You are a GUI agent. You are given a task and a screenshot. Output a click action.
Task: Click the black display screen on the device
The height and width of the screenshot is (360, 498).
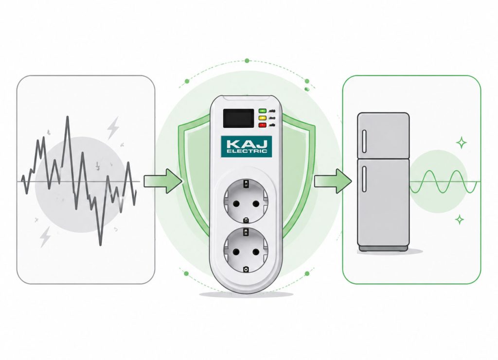coord(238,118)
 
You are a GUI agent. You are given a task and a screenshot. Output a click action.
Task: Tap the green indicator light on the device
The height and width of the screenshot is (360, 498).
coord(262,111)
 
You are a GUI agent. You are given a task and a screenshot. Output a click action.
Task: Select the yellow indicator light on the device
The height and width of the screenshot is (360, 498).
coord(262,118)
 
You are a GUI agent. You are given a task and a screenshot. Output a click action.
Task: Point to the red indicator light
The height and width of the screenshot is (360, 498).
coord(262,125)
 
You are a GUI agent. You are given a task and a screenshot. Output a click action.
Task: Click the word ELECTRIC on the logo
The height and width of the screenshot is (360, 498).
coord(247,151)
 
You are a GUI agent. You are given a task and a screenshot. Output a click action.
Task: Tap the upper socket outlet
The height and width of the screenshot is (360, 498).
coord(246,201)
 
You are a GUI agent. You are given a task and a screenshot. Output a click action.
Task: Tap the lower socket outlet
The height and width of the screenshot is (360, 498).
coord(246,250)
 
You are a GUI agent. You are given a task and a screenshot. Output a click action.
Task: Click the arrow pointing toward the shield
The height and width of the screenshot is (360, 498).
coord(163,181)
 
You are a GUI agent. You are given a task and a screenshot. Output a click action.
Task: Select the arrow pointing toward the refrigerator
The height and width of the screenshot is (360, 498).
coord(333,181)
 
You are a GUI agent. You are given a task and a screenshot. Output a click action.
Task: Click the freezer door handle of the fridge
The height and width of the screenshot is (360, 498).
coord(364,141)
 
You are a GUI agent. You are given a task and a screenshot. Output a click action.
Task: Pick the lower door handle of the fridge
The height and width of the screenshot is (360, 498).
coord(364,179)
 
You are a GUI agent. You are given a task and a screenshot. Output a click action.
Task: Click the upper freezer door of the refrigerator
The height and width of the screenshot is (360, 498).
coord(383,136)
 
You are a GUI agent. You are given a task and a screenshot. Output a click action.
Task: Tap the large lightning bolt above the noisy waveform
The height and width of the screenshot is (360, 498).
coord(113,128)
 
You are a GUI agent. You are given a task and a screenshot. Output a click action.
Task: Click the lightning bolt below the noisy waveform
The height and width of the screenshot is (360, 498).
coord(45,237)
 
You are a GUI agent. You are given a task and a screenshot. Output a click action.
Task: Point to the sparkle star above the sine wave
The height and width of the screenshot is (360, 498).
coord(461,143)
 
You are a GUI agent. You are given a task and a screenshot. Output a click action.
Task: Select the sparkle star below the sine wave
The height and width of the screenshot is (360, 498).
coord(459,219)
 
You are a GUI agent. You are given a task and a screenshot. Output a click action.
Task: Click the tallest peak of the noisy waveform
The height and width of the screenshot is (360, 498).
coord(67,117)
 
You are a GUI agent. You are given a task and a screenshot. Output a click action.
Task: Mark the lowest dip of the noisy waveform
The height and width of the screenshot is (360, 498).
coord(100,245)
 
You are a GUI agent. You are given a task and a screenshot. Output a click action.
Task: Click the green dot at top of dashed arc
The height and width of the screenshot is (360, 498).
coord(247,61)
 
